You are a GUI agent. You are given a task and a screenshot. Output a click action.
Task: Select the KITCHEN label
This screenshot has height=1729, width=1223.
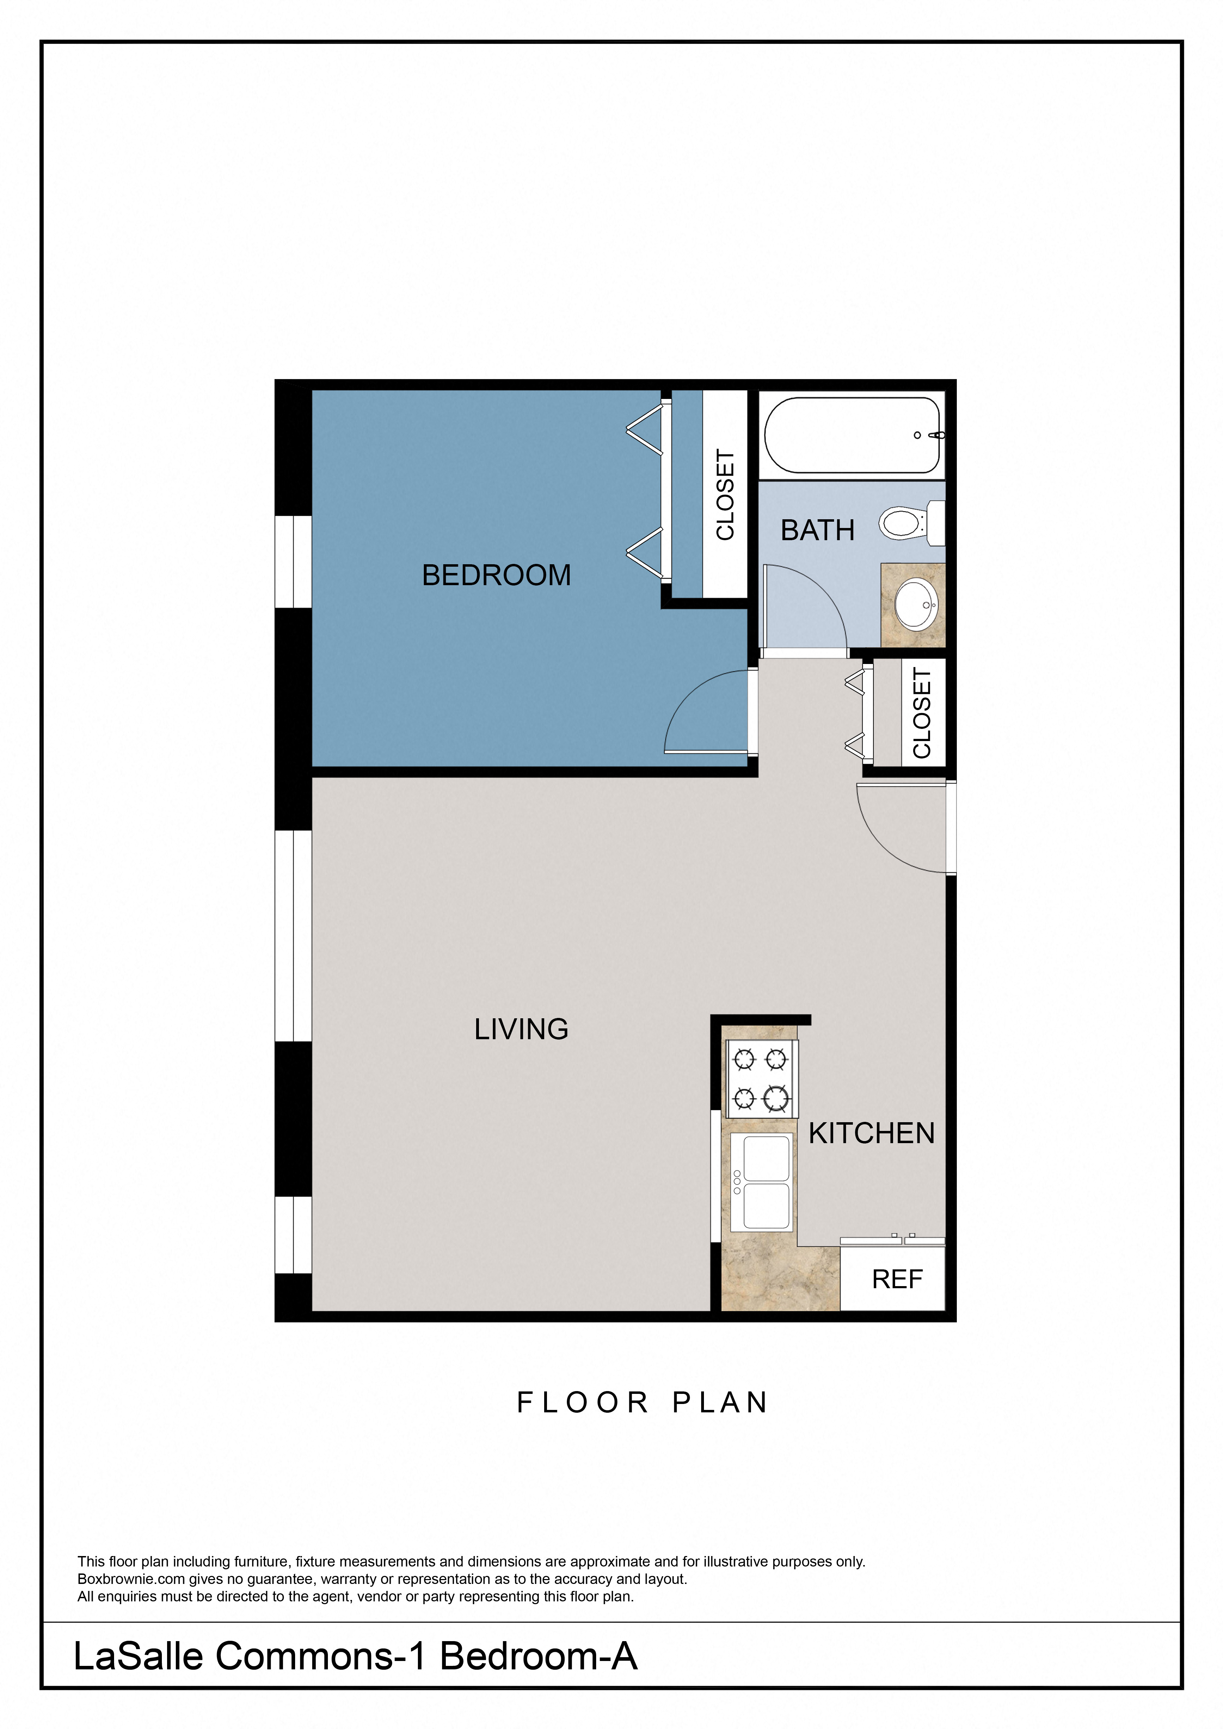(871, 1133)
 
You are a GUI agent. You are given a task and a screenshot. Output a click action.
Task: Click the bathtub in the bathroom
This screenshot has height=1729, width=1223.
(851, 435)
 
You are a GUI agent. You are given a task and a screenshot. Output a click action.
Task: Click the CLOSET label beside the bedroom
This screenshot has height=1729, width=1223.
(725, 495)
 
